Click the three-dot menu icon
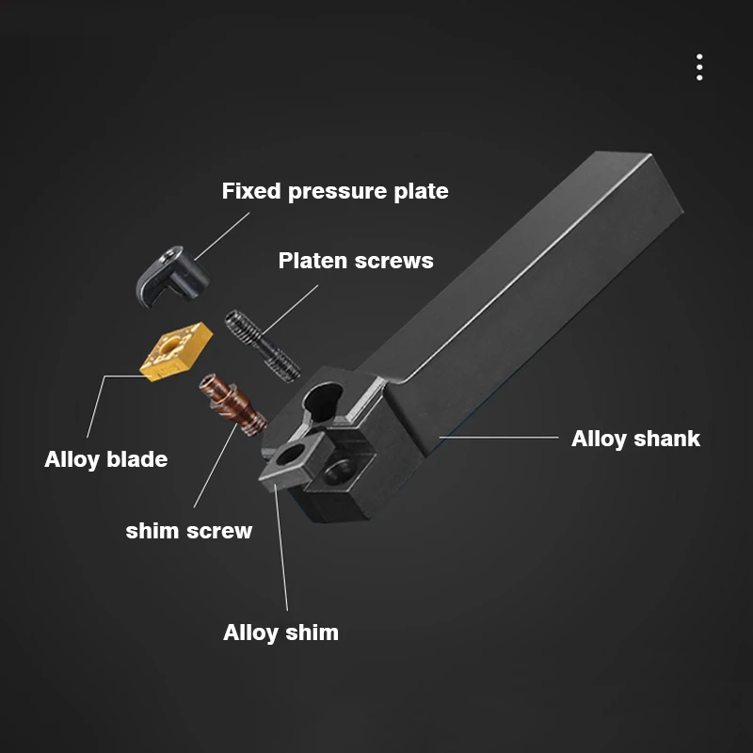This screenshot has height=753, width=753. click(x=699, y=67)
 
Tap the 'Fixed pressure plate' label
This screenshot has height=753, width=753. click(x=335, y=191)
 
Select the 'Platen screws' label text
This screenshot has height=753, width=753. click(x=356, y=261)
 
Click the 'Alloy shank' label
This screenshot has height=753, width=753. click(x=636, y=439)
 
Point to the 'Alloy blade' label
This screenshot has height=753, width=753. click(x=106, y=459)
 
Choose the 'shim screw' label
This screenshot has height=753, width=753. click(x=189, y=531)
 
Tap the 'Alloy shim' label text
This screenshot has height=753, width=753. click(x=280, y=633)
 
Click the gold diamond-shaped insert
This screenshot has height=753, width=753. click(x=176, y=351)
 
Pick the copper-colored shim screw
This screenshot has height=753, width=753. click(x=232, y=405)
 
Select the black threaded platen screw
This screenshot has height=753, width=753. click(x=263, y=345)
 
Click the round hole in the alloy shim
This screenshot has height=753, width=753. click(x=291, y=454)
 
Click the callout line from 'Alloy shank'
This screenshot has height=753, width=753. click(x=499, y=438)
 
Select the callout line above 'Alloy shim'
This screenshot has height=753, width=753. click(x=281, y=548)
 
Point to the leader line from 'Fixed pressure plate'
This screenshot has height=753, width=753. click(x=222, y=236)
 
